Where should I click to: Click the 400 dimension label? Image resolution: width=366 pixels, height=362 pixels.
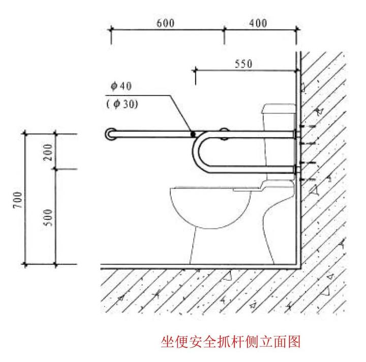coord(258,23)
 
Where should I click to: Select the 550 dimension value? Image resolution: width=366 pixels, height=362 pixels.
coord(243,64)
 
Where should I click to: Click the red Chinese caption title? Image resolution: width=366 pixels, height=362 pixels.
coord(230,341)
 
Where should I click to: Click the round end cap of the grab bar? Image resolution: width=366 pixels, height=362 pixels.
coord(110,134)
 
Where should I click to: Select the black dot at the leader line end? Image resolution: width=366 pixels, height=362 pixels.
coord(193,135)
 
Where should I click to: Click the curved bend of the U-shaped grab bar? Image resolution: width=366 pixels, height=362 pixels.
coord(197,153)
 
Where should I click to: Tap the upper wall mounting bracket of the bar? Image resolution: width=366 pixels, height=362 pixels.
coord(297,134)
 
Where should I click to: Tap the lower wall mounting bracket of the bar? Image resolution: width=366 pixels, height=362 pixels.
coord(297,170)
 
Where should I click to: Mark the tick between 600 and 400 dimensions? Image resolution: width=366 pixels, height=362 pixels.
coord(224,30)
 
